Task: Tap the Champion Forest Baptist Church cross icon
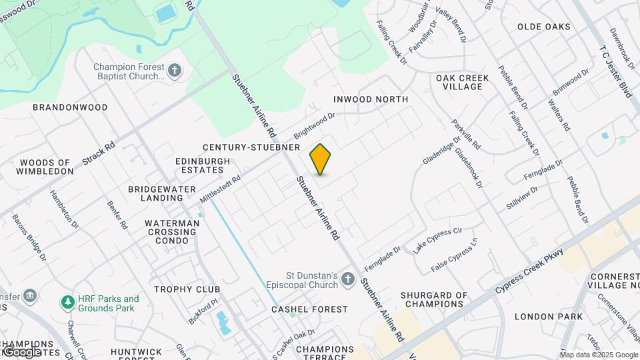point(175,71)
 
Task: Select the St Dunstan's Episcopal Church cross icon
point(347,279)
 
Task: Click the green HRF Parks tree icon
point(67,303)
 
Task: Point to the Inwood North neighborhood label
point(371,99)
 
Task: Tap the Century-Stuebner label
point(252,147)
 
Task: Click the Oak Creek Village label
point(462,83)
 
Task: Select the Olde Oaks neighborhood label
point(544,27)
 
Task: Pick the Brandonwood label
point(70,107)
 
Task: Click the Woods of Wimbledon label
point(46,167)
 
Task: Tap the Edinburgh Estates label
point(203,165)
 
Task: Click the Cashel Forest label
point(309,309)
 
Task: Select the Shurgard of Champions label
point(434,299)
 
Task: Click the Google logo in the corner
point(23,351)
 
